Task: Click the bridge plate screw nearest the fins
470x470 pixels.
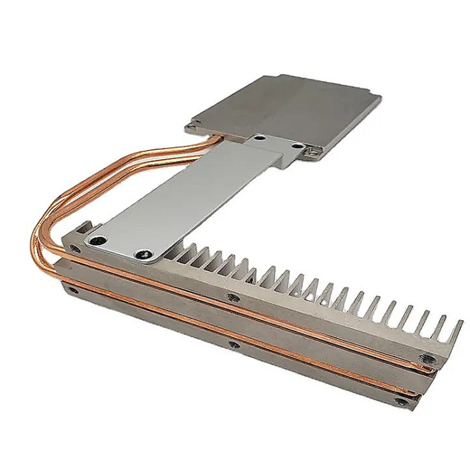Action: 144,254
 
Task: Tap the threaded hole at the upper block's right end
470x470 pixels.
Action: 431,360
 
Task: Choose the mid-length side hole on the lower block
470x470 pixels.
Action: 233,344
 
